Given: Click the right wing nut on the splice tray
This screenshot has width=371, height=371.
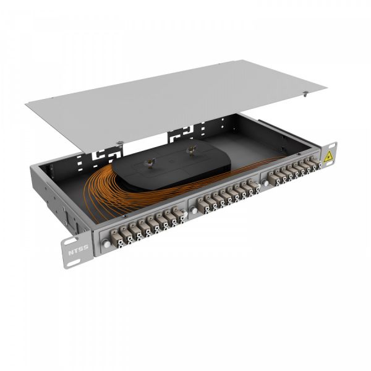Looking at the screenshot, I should click(x=192, y=148).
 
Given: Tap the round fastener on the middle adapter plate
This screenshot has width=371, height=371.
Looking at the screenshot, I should click(x=194, y=211).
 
